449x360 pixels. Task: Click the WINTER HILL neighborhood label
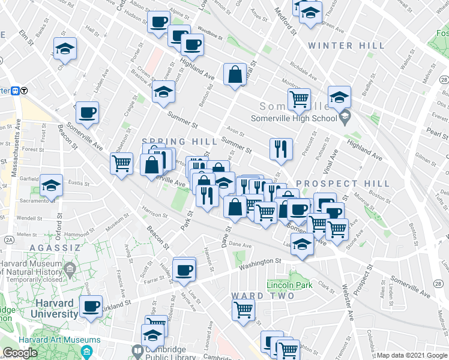pos(346,46)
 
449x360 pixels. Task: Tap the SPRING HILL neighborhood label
pos(179,140)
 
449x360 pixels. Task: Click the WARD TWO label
pos(262,296)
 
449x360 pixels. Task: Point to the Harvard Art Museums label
pos(34,340)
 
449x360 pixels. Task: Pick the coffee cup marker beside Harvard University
pos(91,307)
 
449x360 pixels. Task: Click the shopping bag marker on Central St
pos(235,75)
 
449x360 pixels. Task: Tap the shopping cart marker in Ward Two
pos(243,310)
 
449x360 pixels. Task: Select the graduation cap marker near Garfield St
pos(51,185)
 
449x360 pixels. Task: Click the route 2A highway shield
pos(9,239)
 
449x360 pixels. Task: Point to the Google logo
pos(19,353)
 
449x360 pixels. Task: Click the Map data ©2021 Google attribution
pos(412,355)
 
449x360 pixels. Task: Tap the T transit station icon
pos(25,91)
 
